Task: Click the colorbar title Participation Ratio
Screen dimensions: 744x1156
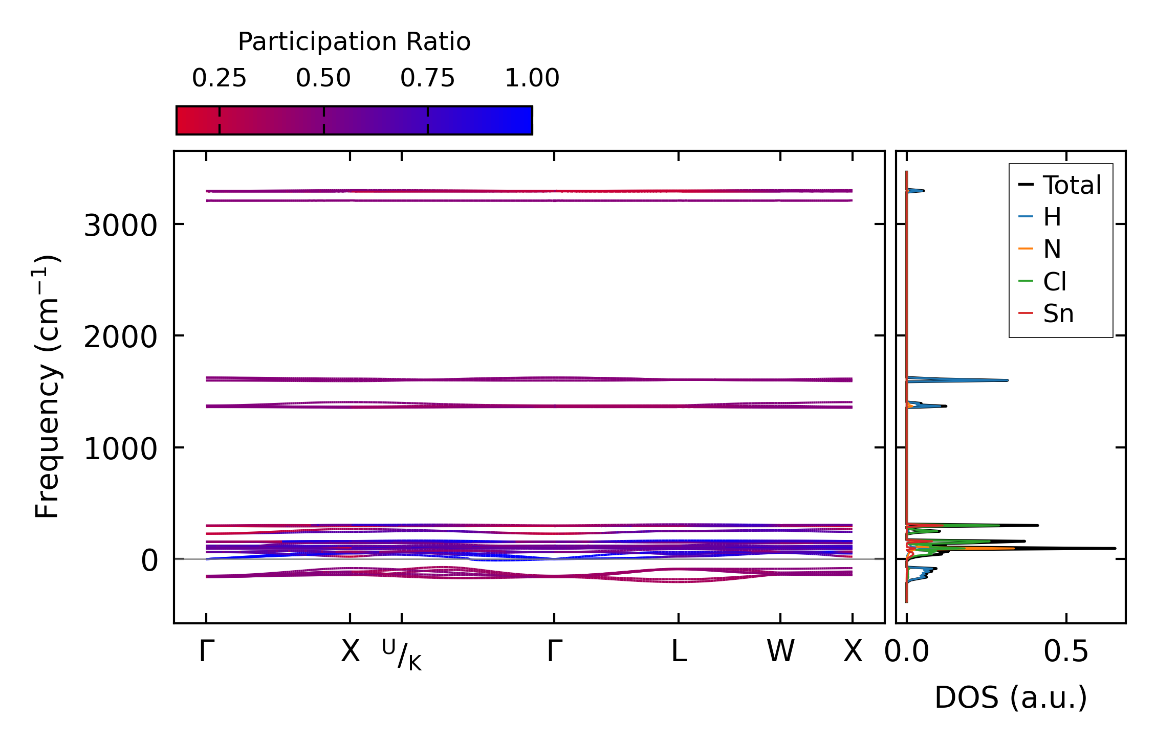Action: point(354,42)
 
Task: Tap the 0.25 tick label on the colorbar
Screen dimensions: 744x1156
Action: point(219,78)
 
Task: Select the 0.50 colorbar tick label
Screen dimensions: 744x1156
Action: point(323,78)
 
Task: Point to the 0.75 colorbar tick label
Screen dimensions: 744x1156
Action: point(427,78)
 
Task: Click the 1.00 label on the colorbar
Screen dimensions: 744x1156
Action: point(532,78)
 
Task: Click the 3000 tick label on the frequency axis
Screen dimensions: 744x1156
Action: point(120,225)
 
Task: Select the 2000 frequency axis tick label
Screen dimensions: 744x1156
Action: point(120,337)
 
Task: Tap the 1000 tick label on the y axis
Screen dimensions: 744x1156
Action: point(120,449)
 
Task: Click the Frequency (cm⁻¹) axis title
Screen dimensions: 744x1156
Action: point(47,387)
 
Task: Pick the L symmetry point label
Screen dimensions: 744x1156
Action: point(679,651)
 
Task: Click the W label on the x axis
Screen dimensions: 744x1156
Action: point(780,651)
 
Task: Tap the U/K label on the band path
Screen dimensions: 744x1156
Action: point(402,655)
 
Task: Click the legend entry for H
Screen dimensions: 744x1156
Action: point(1052,217)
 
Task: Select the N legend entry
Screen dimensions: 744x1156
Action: point(1052,250)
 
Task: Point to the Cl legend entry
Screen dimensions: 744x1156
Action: point(1055,282)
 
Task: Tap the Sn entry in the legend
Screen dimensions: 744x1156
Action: point(1058,313)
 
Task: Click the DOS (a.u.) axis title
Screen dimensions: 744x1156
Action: point(1011,697)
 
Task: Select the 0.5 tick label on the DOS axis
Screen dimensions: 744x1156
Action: point(1066,651)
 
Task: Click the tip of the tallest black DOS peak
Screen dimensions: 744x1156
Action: point(1115,548)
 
